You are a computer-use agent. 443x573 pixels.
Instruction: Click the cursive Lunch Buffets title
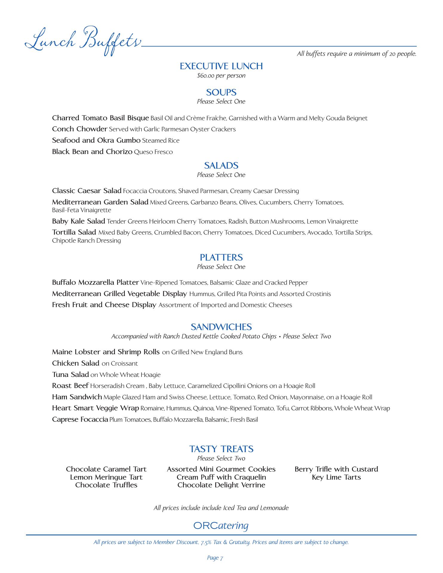tap(82, 41)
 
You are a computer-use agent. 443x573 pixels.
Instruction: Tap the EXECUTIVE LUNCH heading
tap(221, 66)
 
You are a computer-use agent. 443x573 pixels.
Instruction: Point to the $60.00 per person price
tap(221, 76)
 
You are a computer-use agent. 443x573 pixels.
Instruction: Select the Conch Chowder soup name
tap(79, 129)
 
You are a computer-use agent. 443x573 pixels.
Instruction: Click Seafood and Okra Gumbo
tap(96, 140)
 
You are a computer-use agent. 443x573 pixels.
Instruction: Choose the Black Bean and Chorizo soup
tap(92, 152)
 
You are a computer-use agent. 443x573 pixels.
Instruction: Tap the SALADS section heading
tap(221, 165)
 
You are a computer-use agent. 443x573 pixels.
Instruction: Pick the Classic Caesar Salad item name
tap(87, 191)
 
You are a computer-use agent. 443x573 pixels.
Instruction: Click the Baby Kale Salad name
tap(79, 221)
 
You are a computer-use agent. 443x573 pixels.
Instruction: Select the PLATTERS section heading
tap(221, 257)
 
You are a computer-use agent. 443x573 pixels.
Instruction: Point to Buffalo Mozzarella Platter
tap(95, 282)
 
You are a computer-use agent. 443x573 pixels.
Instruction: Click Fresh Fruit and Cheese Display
tap(104, 305)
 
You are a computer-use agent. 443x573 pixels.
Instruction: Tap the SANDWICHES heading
tap(221, 327)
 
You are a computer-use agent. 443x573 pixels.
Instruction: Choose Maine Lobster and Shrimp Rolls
tap(106, 352)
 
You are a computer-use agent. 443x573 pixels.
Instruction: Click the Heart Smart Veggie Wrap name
tap(96, 408)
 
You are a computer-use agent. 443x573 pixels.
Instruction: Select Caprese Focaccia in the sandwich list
tap(80, 419)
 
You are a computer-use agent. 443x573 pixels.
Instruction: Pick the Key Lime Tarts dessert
tap(336, 477)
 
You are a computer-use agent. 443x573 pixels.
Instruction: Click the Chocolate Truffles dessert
tap(106, 485)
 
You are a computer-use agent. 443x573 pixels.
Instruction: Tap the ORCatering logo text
tap(221, 526)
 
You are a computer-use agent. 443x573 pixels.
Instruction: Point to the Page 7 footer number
tap(215, 558)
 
